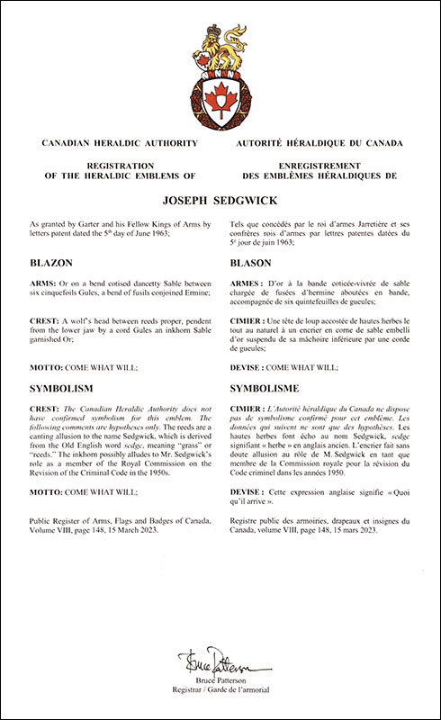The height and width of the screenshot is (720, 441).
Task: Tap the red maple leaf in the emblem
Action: click(x=220, y=94)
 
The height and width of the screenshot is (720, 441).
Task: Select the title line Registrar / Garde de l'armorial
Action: click(x=220, y=693)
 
